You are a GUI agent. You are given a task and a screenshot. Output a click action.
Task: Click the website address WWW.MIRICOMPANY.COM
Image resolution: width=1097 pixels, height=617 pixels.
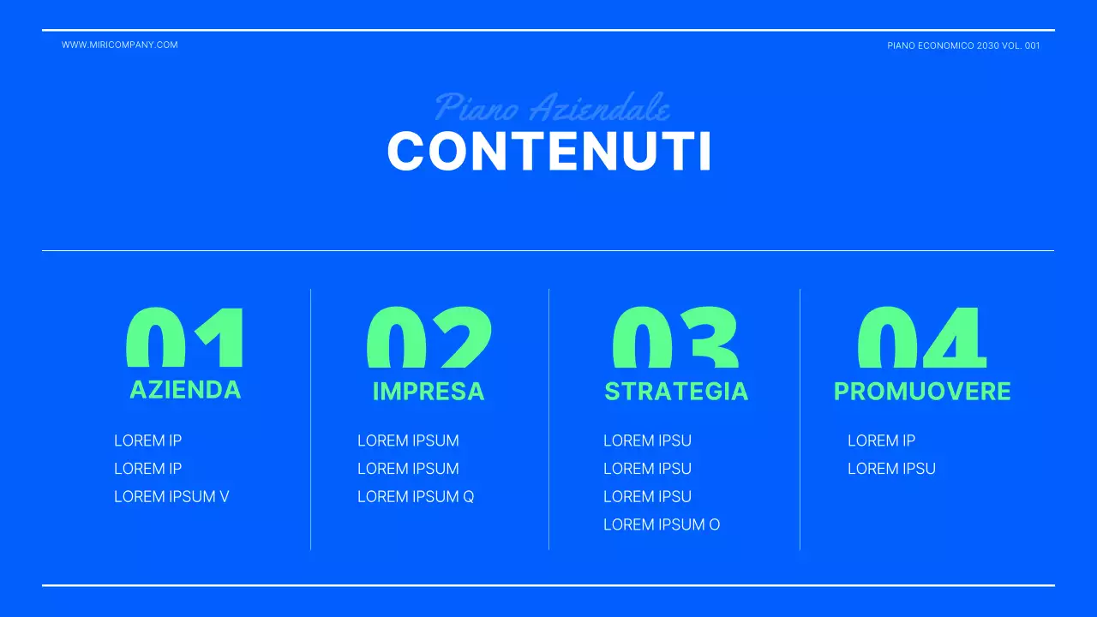120,45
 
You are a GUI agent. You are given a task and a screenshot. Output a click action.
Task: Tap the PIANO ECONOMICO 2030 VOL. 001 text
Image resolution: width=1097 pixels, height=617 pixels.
963,45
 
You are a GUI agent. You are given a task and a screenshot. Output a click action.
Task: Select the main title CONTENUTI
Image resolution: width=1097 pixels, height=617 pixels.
548,152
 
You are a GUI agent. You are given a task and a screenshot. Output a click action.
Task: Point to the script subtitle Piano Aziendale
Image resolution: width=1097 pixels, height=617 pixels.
552,108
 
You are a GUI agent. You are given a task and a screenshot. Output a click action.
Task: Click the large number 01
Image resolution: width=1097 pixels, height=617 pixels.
185,338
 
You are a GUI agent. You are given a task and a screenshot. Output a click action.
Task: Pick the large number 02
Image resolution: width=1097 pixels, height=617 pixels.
429,338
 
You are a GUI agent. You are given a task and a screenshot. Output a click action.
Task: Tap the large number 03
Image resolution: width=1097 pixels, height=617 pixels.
675,338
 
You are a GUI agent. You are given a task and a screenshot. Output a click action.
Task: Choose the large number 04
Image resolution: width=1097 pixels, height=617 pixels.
922,338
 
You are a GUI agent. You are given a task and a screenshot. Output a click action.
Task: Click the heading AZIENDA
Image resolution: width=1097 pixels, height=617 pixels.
185,390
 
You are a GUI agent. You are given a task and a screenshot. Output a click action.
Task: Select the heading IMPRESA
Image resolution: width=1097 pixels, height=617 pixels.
429,392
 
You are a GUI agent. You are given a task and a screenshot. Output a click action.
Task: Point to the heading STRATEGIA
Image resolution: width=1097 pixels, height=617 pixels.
676,392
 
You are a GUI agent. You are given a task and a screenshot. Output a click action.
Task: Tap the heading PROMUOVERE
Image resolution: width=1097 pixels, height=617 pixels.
922,392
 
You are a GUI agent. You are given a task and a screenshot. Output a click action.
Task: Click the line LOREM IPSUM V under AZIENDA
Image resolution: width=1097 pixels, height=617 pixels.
171,496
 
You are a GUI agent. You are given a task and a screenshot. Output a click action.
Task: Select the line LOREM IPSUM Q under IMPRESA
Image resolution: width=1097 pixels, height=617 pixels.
416,496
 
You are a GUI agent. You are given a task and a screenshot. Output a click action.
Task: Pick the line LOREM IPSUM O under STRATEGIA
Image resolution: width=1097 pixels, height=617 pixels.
662,524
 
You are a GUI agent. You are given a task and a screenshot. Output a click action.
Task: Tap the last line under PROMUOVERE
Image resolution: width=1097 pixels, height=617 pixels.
891,469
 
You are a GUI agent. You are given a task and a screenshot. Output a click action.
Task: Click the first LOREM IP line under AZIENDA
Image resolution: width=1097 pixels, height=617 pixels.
147,440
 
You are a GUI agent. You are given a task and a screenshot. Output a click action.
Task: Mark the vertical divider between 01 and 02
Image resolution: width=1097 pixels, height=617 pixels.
310,420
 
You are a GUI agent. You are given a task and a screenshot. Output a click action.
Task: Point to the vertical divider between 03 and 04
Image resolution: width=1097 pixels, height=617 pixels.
800,420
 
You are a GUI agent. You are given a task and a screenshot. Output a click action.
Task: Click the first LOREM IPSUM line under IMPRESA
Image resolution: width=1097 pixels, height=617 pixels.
408,440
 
